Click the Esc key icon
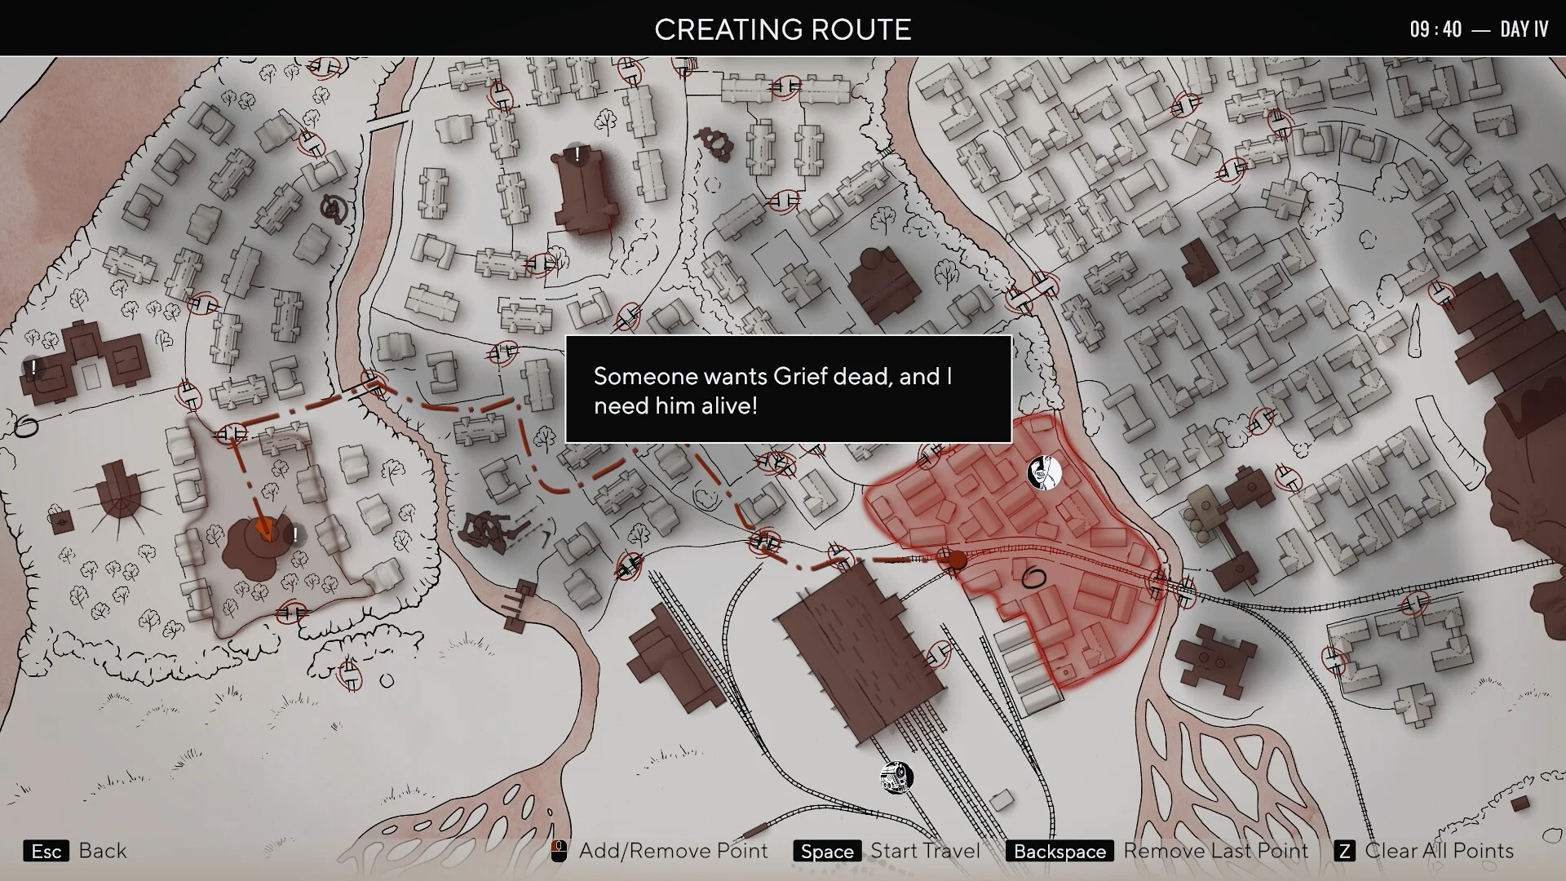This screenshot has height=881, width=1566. [46, 852]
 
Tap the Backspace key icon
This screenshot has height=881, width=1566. [1059, 852]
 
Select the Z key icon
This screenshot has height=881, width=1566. [1344, 852]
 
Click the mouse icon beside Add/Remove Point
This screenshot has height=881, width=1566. [559, 852]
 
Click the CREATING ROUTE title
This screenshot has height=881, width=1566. [782, 29]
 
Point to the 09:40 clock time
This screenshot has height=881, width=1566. [1435, 29]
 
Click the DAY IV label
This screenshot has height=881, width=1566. [1524, 29]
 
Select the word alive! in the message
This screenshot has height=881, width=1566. [726, 405]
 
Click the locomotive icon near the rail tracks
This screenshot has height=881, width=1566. [896, 777]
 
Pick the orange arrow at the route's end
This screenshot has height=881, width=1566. [263, 528]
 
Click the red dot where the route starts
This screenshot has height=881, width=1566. [956, 560]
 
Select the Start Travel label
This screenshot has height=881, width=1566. [925, 851]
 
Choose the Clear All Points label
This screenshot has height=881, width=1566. [1439, 851]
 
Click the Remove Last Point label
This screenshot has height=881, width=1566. [1215, 851]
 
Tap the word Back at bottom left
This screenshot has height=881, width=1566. [103, 851]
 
